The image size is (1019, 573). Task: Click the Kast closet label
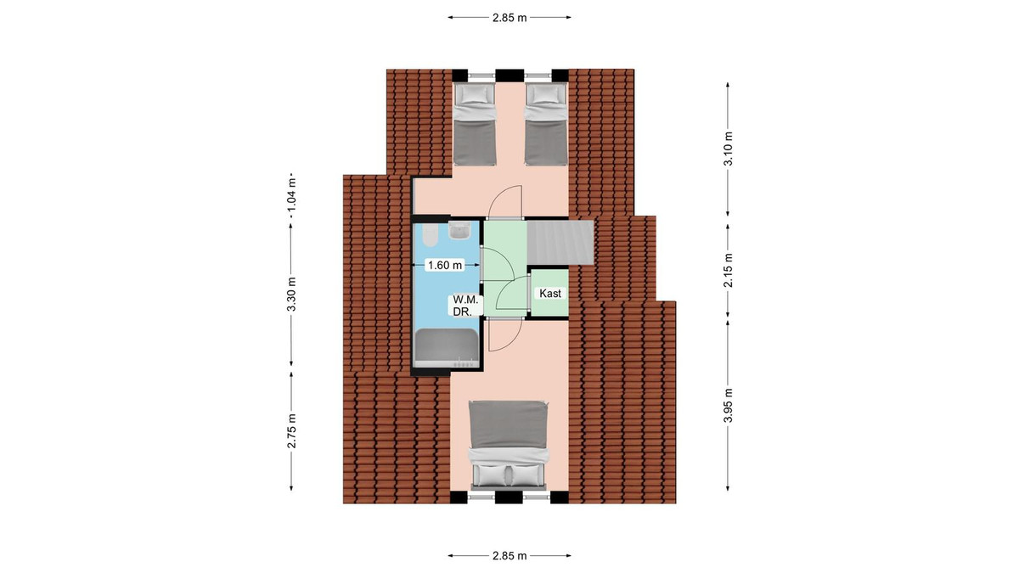click(550, 294)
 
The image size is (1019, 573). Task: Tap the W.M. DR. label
click(465, 306)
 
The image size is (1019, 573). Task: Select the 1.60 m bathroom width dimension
click(445, 265)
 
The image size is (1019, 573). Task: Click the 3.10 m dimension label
click(728, 149)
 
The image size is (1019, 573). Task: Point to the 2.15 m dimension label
click(728, 270)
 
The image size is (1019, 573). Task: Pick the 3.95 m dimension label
click(728, 405)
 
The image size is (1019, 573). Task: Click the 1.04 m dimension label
click(291, 194)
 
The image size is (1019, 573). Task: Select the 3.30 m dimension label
click(291, 295)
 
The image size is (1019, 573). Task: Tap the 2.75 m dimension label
click(291, 430)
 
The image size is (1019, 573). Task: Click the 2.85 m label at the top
click(509, 18)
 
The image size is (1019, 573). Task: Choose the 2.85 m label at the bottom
click(509, 556)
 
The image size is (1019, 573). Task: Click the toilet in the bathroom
click(430, 234)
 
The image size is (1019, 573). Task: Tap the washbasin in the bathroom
click(459, 231)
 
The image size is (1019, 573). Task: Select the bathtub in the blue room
click(446, 348)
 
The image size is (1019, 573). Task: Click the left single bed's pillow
click(474, 94)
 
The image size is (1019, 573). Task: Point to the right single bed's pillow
click(546, 94)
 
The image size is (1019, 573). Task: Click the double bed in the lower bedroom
click(509, 445)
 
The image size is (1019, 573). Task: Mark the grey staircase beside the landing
click(560, 243)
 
